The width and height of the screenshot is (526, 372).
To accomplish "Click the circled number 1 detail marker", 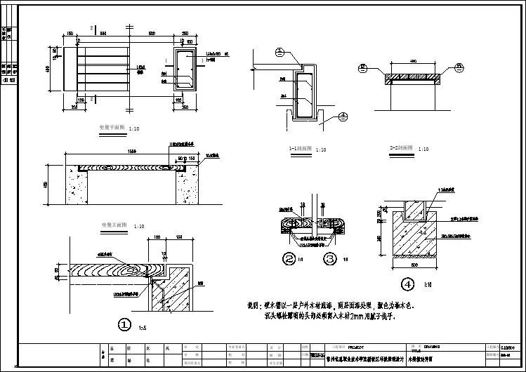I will click(124, 324).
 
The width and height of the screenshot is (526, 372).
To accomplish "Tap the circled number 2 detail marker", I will click(289, 259).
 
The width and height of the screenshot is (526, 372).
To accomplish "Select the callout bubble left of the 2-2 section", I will click(362, 67).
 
